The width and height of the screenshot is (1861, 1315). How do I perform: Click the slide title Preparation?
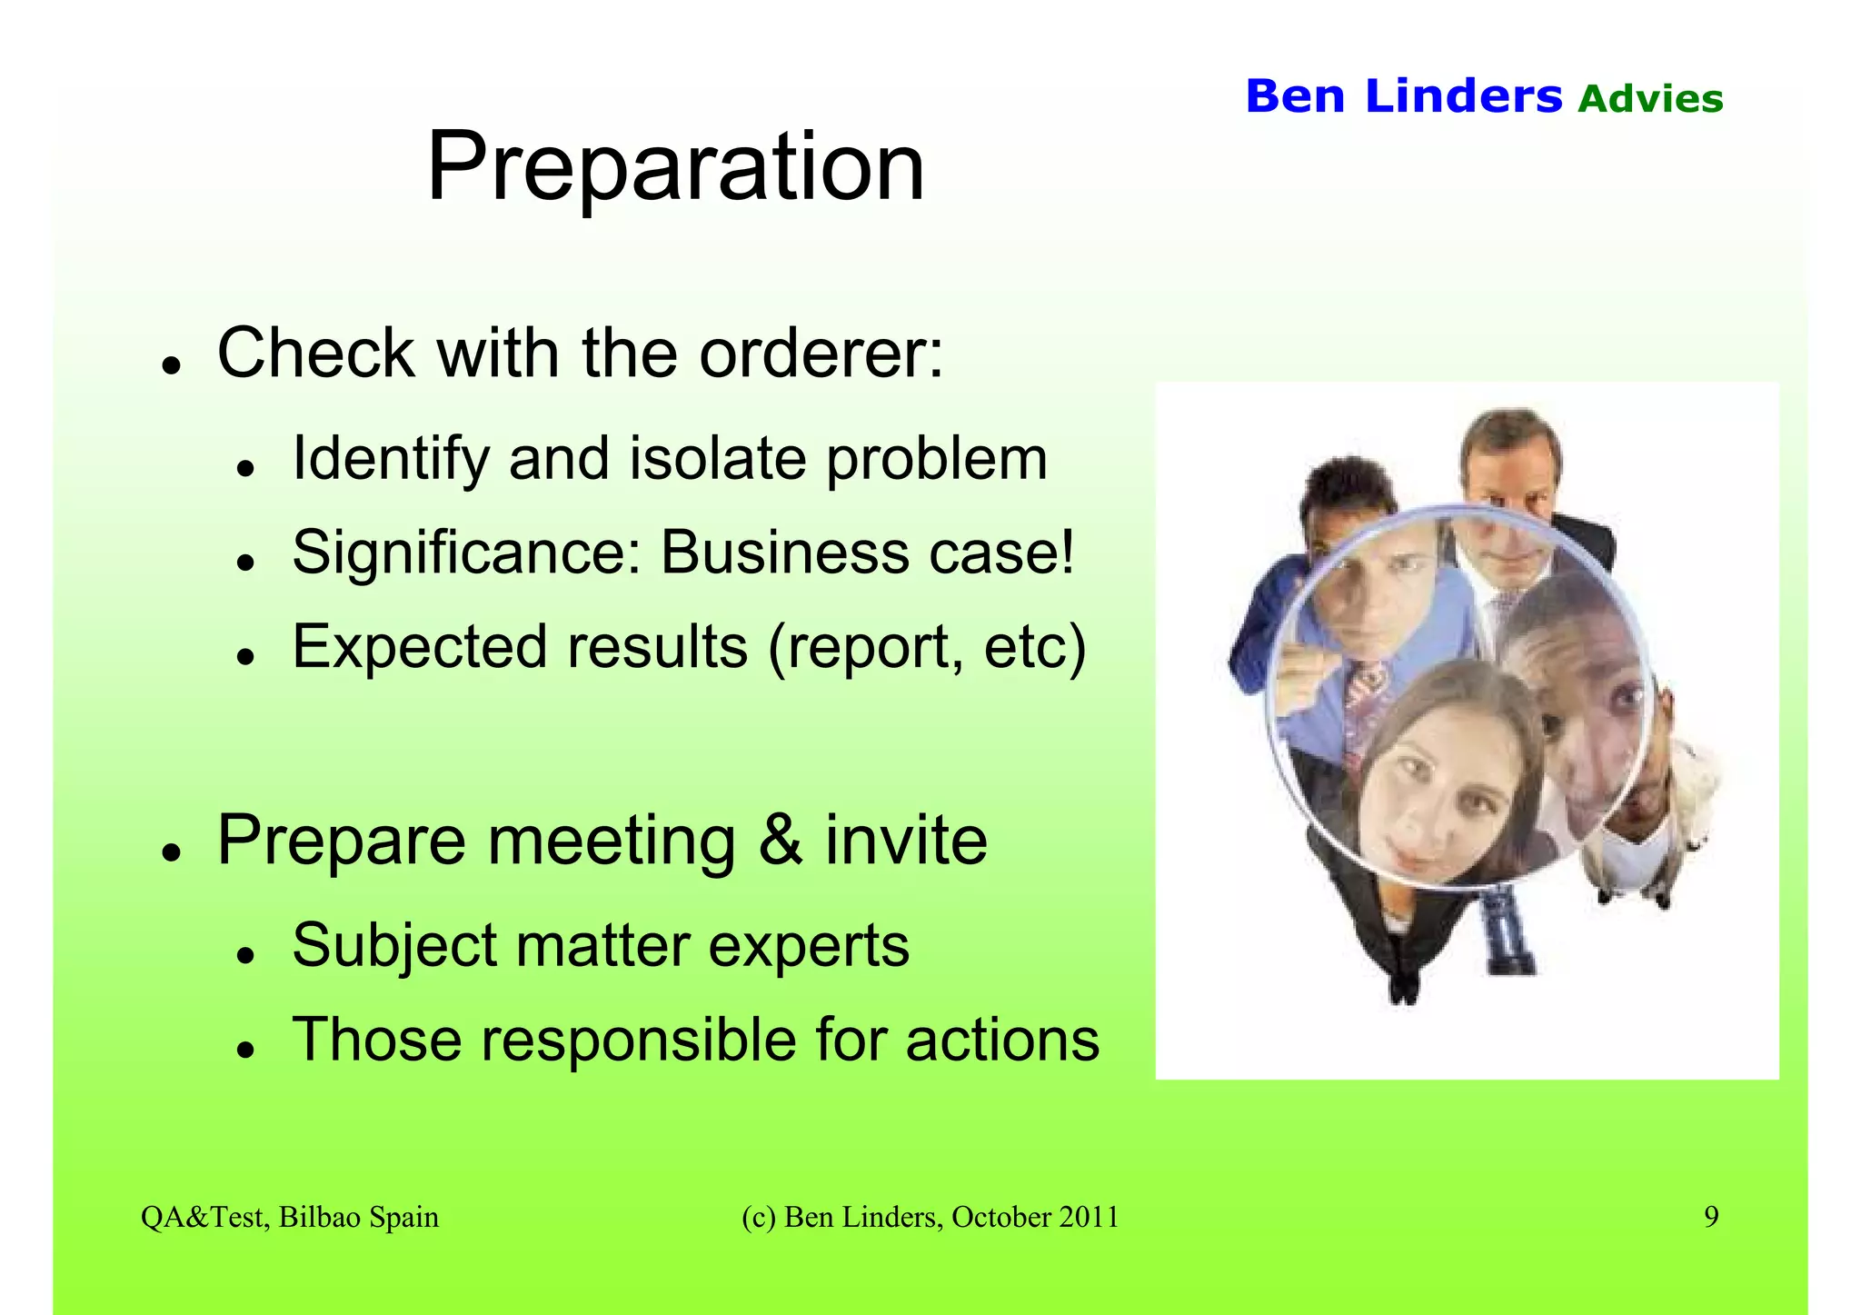pos(675,167)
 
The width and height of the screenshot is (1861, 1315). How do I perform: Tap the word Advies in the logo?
pos(1650,99)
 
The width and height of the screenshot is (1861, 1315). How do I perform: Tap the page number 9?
pos(1710,1217)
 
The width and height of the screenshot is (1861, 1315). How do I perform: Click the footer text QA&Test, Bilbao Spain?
pos(289,1217)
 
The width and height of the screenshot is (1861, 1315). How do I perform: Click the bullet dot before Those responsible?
pos(244,1051)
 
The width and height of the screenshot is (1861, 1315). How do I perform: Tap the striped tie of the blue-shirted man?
pos(1363,700)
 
